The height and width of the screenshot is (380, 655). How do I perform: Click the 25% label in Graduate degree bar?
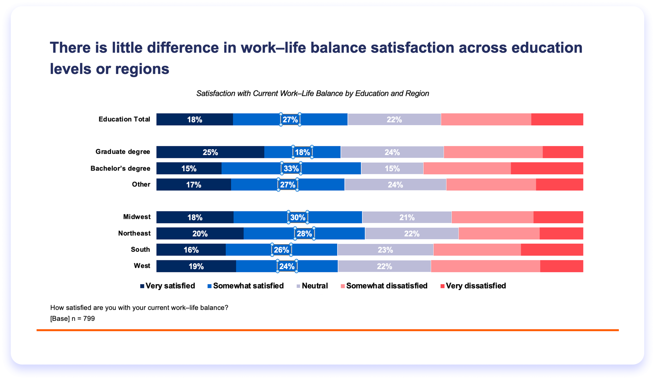(210, 152)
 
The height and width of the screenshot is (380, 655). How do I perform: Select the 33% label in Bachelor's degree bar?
(291, 168)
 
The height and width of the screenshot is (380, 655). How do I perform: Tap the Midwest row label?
(137, 217)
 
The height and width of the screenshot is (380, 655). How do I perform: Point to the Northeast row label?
(134, 233)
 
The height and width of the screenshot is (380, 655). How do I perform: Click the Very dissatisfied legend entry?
(476, 286)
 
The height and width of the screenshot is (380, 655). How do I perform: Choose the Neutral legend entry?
(314, 286)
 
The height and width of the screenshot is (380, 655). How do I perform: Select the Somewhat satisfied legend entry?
(248, 286)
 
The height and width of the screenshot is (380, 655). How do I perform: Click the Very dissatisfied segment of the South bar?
(552, 250)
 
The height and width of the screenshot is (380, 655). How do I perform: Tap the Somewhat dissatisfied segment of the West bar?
(485, 266)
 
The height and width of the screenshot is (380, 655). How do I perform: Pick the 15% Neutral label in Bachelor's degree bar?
(392, 168)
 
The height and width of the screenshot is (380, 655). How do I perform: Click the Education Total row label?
(124, 119)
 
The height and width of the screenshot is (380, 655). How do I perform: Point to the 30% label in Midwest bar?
(298, 217)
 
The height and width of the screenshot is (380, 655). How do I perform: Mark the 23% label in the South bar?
(385, 250)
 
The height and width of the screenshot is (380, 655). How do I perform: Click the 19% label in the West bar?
(196, 266)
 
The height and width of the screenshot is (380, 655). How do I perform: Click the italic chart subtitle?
(312, 93)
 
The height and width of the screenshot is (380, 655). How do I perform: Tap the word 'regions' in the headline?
(142, 69)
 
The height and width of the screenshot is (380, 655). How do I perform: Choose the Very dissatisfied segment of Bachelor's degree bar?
(547, 168)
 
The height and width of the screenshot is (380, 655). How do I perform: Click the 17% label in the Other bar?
(193, 185)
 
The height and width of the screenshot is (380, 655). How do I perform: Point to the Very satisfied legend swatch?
(142, 286)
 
